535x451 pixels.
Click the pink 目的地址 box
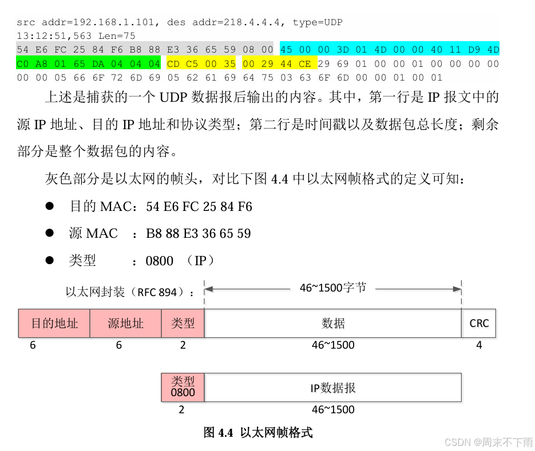(x=54, y=324)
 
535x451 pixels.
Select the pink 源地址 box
(x=125, y=324)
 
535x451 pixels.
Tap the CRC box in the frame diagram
(x=479, y=324)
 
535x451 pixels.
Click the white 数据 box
(x=333, y=324)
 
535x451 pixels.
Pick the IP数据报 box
(x=333, y=388)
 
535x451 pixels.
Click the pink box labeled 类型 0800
(x=183, y=388)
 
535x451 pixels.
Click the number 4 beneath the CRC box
(x=479, y=345)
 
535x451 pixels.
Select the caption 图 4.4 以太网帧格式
(x=258, y=433)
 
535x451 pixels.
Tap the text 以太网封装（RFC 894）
(x=129, y=292)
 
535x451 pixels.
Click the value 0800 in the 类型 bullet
(x=160, y=261)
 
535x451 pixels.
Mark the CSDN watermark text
(x=488, y=442)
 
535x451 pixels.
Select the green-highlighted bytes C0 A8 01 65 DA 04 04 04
(x=89, y=64)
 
